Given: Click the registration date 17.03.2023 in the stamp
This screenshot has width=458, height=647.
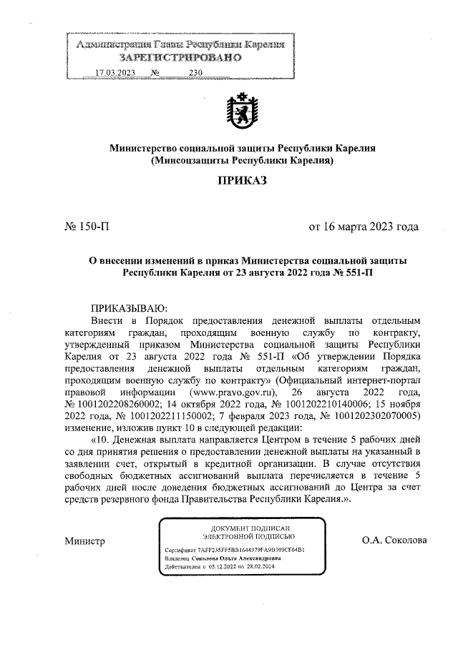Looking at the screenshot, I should [x=114, y=72].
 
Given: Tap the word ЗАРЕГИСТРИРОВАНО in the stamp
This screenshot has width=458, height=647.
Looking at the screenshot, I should [x=180, y=58].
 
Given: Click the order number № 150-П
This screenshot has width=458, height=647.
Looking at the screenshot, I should [x=87, y=227].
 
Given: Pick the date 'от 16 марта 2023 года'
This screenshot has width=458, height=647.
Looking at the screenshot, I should [x=363, y=227].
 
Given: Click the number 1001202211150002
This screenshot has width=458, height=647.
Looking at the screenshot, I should [x=157, y=415].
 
